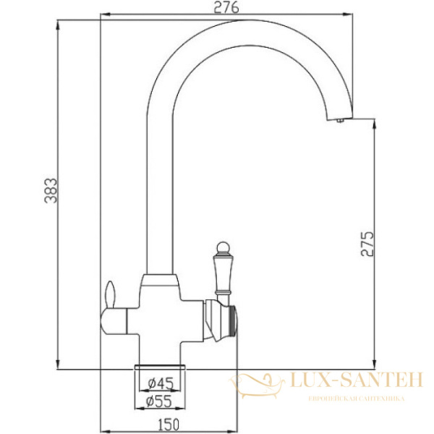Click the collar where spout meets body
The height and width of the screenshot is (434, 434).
(x=161, y=280)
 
